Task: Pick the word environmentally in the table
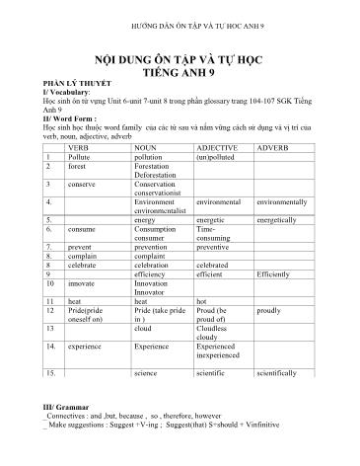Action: [280, 200]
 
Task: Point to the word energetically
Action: [279, 218]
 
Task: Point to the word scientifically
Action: [280, 374]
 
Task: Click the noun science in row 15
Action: [146, 374]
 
